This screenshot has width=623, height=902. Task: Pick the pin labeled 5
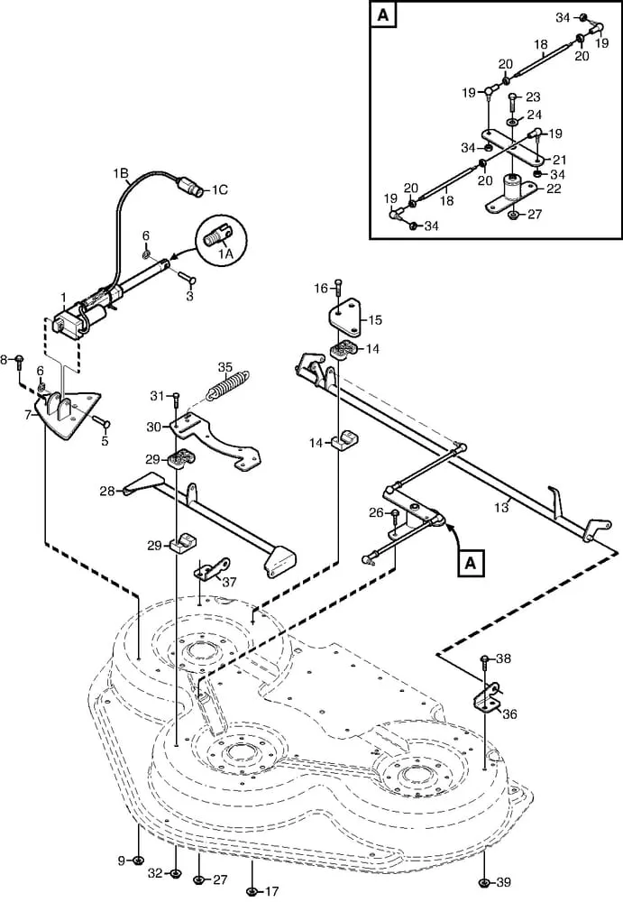[100, 423]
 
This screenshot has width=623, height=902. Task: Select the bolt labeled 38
[484, 665]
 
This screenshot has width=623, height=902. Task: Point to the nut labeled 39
[484, 883]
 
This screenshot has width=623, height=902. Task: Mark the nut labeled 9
[138, 861]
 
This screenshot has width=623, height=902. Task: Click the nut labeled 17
[252, 892]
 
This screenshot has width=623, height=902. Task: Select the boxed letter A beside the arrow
[471, 563]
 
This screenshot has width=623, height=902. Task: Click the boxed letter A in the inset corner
[383, 14]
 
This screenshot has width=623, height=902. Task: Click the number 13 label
[501, 507]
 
